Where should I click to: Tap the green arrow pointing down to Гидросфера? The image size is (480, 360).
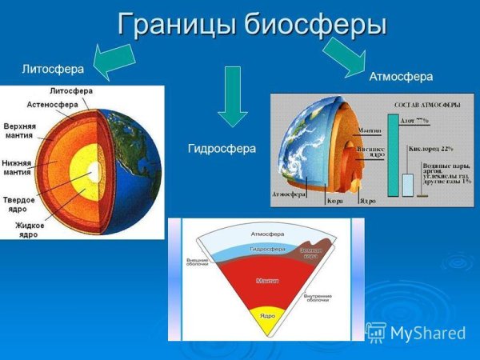(233, 95)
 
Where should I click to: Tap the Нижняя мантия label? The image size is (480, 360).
(18, 167)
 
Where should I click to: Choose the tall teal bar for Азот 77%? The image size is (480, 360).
(392, 156)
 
